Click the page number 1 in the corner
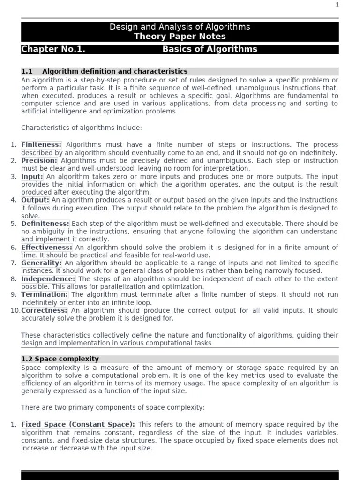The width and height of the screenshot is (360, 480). (x=350, y=5)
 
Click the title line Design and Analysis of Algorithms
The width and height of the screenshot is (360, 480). (x=180, y=27)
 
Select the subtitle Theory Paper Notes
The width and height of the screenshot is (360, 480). (x=180, y=36)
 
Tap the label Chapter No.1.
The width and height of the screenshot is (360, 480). (x=53, y=49)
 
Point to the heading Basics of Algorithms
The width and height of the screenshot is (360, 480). (x=210, y=49)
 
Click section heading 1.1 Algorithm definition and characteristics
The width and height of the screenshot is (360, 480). (x=105, y=71)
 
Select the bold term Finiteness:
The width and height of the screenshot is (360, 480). (x=41, y=145)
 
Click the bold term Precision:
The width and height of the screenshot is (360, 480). (x=39, y=160)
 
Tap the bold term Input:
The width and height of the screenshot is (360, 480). (x=32, y=177)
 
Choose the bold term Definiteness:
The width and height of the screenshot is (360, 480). (x=45, y=224)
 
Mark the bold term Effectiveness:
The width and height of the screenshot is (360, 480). (x=47, y=247)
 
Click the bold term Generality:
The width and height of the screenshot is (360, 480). (x=41, y=263)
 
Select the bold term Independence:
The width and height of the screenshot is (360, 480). (x=48, y=279)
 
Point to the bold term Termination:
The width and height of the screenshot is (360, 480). (x=45, y=294)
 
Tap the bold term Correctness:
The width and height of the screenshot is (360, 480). (x=44, y=310)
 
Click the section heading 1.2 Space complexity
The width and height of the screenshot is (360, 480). (x=60, y=359)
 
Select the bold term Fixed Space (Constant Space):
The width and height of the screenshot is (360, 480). (x=78, y=425)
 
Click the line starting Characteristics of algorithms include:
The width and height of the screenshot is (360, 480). (x=81, y=127)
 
